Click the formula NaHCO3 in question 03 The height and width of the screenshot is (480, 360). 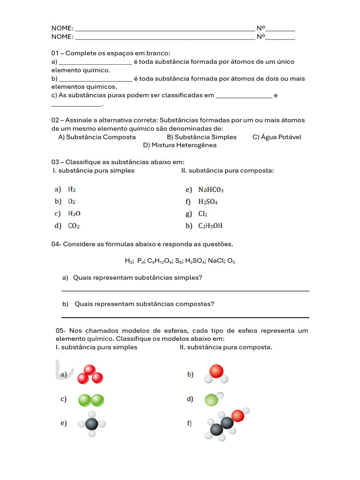pyautogui.click(x=210, y=190)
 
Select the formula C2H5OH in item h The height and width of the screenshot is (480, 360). pyautogui.click(x=210, y=226)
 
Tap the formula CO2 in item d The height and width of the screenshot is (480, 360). pyautogui.click(x=74, y=226)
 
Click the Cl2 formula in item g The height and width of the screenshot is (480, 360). pyautogui.click(x=202, y=214)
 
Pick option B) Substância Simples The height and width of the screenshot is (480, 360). pyautogui.click(x=202, y=137)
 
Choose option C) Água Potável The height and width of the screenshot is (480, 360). pyautogui.click(x=277, y=137)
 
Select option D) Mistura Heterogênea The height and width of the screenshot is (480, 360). pyautogui.click(x=180, y=145)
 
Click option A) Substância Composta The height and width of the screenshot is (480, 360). pyautogui.click(x=97, y=137)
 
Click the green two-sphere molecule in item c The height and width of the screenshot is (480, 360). pyautogui.click(x=91, y=400)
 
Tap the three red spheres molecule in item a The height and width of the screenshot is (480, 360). pyautogui.click(x=90, y=375)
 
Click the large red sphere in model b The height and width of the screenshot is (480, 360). pyautogui.click(x=216, y=371)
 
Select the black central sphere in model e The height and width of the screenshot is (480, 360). pyautogui.click(x=92, y=424)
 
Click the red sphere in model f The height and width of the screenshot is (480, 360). pyautogui.click(x=238, y=415)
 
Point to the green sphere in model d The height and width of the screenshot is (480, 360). pyautogui.click(x=211, y=400)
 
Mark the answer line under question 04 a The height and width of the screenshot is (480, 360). pyautogui.click(x=185, y=291)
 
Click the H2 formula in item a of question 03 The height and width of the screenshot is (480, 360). pyautogui.click(x=72, y=190)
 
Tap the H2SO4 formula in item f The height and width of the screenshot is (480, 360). pyautogui.click(x=208, y=202)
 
